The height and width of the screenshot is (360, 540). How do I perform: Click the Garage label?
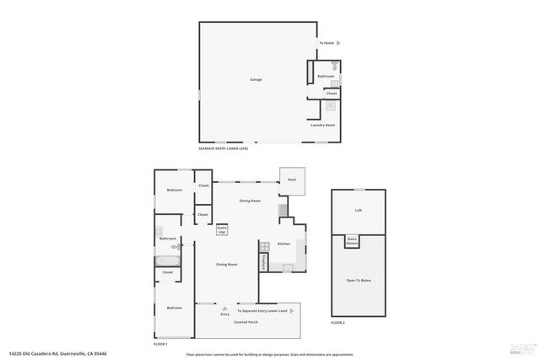point(256,80)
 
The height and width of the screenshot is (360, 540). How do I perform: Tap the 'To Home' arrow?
point(338,43)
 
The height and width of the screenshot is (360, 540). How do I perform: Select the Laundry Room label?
point(322,125)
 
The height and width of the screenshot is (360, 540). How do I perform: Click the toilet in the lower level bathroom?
point(335,66)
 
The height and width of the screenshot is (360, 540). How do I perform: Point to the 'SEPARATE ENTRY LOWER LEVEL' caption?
point(223,148)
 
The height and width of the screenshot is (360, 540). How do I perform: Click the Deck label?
point(292,179)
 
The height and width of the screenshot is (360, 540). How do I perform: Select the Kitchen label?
point(284,244)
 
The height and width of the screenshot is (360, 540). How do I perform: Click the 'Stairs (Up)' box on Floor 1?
point(223,228)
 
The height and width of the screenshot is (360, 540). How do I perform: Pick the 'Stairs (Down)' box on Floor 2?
point(352,240)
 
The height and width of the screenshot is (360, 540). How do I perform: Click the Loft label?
point(358,211)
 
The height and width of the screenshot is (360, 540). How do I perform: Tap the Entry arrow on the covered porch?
point(225,309)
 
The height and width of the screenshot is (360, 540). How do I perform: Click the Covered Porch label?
point(246,322)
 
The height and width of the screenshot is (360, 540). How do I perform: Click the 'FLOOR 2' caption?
point(337,323)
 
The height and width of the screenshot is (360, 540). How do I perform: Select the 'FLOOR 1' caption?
point(160,344)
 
